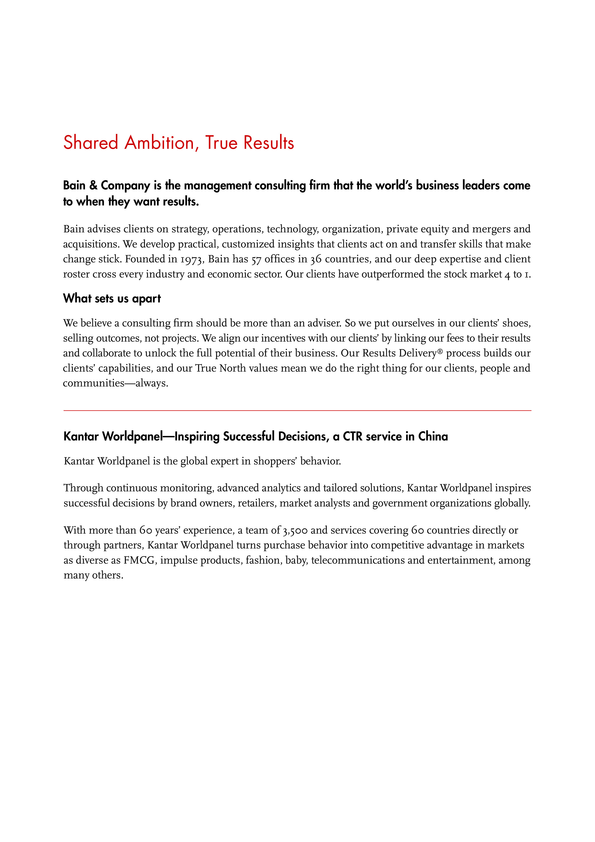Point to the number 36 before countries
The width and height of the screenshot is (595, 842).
pos(316,259)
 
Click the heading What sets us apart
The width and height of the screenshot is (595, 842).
pos(112,299)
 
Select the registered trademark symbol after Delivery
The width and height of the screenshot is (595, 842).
pos(440,351)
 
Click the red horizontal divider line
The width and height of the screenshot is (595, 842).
pos(297,410)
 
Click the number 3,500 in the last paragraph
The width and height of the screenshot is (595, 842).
pos(295,530)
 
